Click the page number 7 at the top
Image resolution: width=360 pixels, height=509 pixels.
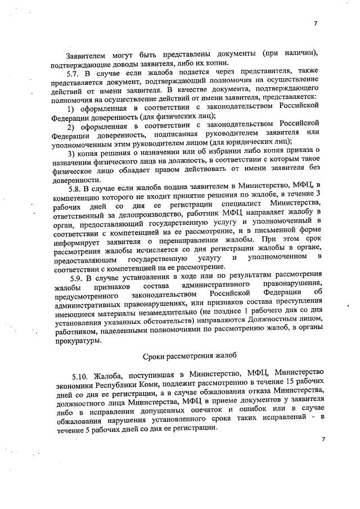tap(316, 23)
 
